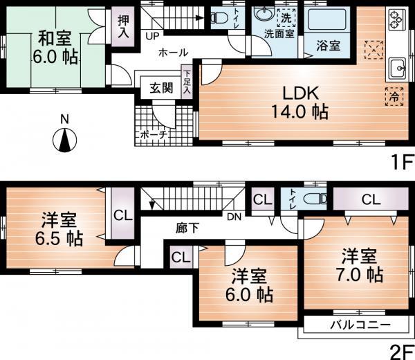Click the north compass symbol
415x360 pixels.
(x=64, y=141)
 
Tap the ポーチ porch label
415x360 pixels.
(x=154, y=135)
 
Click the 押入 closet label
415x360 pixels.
(x=124, y=28)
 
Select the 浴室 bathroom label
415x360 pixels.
(x=328, y=46)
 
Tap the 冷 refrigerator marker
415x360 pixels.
(x=391, y=96)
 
